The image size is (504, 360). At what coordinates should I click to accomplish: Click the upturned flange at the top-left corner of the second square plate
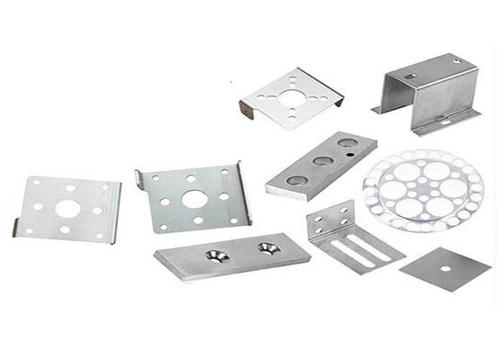pos(143,177)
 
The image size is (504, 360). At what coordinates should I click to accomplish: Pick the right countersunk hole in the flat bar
pos(267,247)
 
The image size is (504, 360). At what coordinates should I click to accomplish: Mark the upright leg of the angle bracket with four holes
pos(323,226)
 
